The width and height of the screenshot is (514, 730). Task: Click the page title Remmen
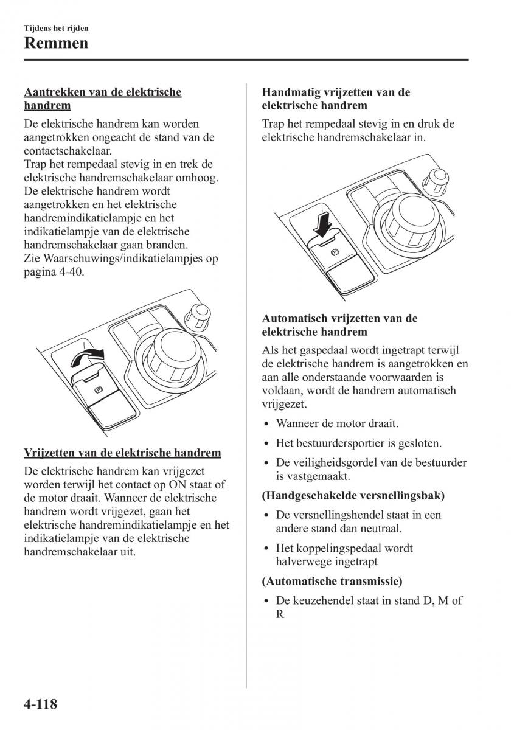coord(56,43)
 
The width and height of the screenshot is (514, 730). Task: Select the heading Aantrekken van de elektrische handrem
coord(102,99)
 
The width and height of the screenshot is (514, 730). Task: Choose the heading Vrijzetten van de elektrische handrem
coord(122,453)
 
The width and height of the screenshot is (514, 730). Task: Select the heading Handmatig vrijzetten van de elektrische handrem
coord(336,99)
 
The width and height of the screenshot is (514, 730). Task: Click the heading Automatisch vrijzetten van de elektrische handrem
coord(339,325)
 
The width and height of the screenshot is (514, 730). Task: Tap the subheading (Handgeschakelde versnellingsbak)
coord(353,495)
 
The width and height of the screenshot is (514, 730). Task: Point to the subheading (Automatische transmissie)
coord(332,581)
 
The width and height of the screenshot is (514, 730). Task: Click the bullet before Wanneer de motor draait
coord(267,424)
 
